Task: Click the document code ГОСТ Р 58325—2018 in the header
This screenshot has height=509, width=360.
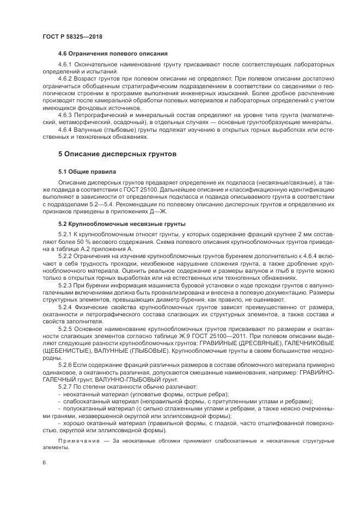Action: click(72, 36)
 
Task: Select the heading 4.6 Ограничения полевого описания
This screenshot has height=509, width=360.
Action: click(113, 53)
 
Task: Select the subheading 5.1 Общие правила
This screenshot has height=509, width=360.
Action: click(83, 171)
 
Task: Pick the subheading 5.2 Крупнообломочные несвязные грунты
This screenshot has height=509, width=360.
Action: click(122, 224)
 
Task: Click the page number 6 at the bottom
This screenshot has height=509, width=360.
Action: click(44, 462)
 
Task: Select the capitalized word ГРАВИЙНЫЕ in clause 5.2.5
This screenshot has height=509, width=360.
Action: click(218, 342)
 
